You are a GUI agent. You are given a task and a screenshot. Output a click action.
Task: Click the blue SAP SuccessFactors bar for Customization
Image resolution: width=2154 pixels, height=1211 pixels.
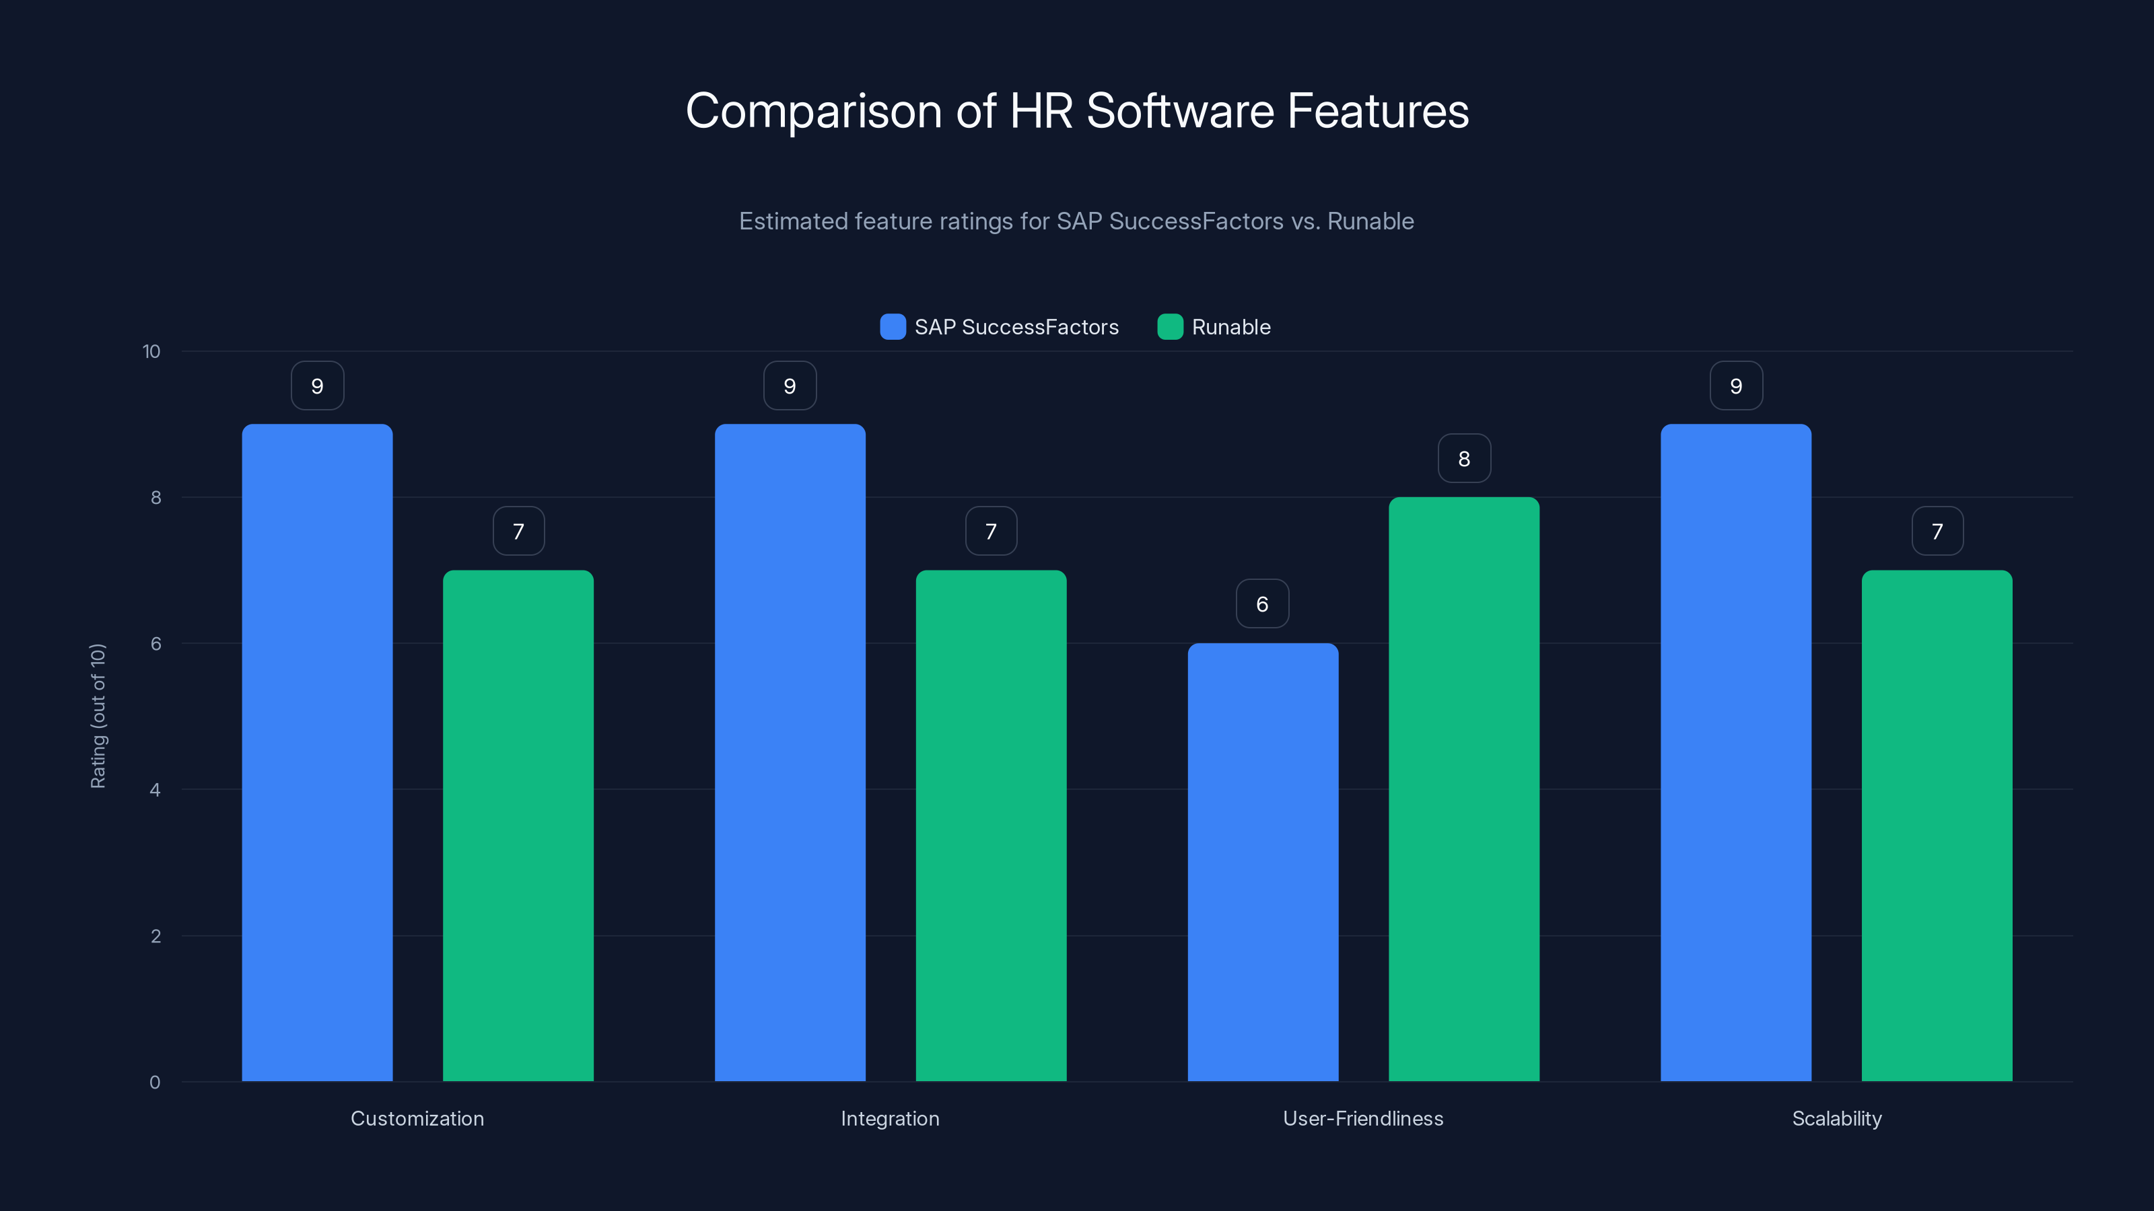tap(317, 752)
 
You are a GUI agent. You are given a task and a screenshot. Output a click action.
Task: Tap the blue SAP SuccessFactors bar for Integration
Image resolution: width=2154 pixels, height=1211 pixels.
tap(790, 752)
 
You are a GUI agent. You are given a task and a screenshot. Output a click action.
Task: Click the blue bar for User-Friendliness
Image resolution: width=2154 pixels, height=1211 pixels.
tap(1263, 862)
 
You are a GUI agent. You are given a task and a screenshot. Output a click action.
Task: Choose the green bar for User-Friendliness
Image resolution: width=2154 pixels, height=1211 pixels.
tap(1463, 789)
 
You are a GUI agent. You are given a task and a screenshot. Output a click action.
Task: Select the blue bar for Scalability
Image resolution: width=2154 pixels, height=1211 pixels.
tap(1736, 752)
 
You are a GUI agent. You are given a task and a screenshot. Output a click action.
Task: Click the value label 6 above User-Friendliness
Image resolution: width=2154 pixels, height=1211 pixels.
tap(1263, 603)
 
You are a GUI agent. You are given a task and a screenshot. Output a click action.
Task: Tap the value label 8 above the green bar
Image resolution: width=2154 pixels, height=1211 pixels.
tap(1463, 458)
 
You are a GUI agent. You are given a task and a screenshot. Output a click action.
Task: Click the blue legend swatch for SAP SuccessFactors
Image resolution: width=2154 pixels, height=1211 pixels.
tap(893, 327)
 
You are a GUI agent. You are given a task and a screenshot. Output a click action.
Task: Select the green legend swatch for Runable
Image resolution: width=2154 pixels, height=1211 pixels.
tap(1170, 327)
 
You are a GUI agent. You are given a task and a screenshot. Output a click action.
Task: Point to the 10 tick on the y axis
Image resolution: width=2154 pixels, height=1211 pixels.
tap(151, 351)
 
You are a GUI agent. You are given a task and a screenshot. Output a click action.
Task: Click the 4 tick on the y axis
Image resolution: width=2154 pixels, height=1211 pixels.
tap(155, 790)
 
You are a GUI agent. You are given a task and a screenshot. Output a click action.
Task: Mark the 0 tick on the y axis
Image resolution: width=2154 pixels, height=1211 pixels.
tap(155, 1082)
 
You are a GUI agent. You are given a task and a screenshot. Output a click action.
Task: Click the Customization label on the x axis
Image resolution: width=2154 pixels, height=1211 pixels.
tap(417, 1118)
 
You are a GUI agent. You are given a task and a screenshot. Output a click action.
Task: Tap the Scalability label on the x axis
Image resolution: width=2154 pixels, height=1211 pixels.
tap(1836, 1118)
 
